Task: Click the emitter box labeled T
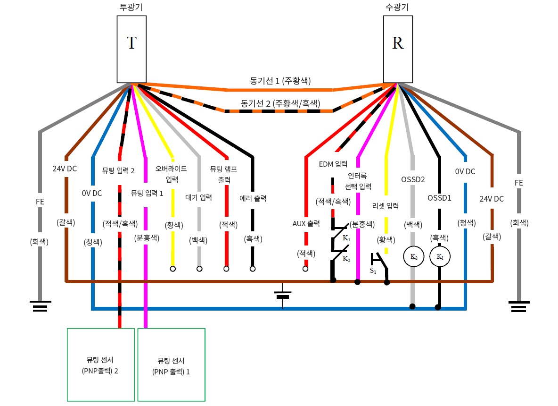click(x=131, y=49)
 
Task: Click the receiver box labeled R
click(x=398, y=49)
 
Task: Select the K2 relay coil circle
click(x=413, y=257)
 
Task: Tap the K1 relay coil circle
click(x=440, y=257)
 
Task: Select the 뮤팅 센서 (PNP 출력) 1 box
click(x=171, y=364)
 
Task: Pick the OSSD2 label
click(x=413, y=179)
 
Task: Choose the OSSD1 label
click(x=440, y=198)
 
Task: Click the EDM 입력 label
click(x=333, y=164)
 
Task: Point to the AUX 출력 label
click(x=306, y=222)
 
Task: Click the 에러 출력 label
click(x=253, y=198)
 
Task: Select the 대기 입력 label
click(x=199, y=197)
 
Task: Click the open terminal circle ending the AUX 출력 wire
click(x=305, y=269)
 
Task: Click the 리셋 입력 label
click(x=386, y=206)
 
